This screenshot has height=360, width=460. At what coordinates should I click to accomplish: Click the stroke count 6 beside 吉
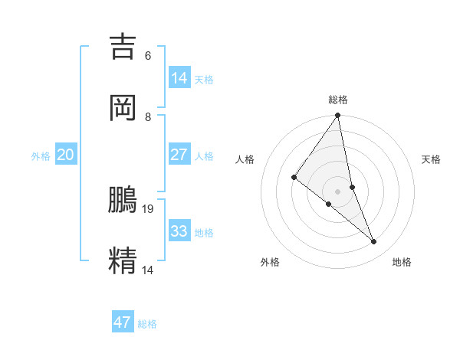point(148,56)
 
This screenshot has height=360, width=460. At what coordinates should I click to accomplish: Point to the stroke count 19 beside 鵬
point(149,208)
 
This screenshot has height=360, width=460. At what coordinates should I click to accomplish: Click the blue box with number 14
point(179,77)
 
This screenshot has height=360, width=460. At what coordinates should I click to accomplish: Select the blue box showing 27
point(179,155)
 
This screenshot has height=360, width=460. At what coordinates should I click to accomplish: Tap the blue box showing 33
point(179,231)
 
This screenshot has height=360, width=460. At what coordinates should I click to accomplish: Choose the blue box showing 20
point(66,155)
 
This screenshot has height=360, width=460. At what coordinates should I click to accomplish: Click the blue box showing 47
point(123,322)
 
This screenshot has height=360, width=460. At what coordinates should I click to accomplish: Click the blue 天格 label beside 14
point(204,80)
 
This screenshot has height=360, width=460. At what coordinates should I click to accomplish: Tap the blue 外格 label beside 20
point(41,156)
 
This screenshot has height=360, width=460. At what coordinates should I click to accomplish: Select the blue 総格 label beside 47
point(147,324)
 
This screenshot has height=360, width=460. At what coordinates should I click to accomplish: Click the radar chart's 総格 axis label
point(338,100)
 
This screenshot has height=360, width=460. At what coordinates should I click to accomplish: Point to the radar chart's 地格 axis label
point(402,262)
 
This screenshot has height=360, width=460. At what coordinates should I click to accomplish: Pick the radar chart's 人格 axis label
point(245,159)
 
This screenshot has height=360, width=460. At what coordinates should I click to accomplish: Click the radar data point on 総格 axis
point(338,116)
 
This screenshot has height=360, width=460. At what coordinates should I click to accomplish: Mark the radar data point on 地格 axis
point(374,242)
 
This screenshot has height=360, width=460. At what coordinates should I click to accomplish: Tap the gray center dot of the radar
point(338,191)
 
